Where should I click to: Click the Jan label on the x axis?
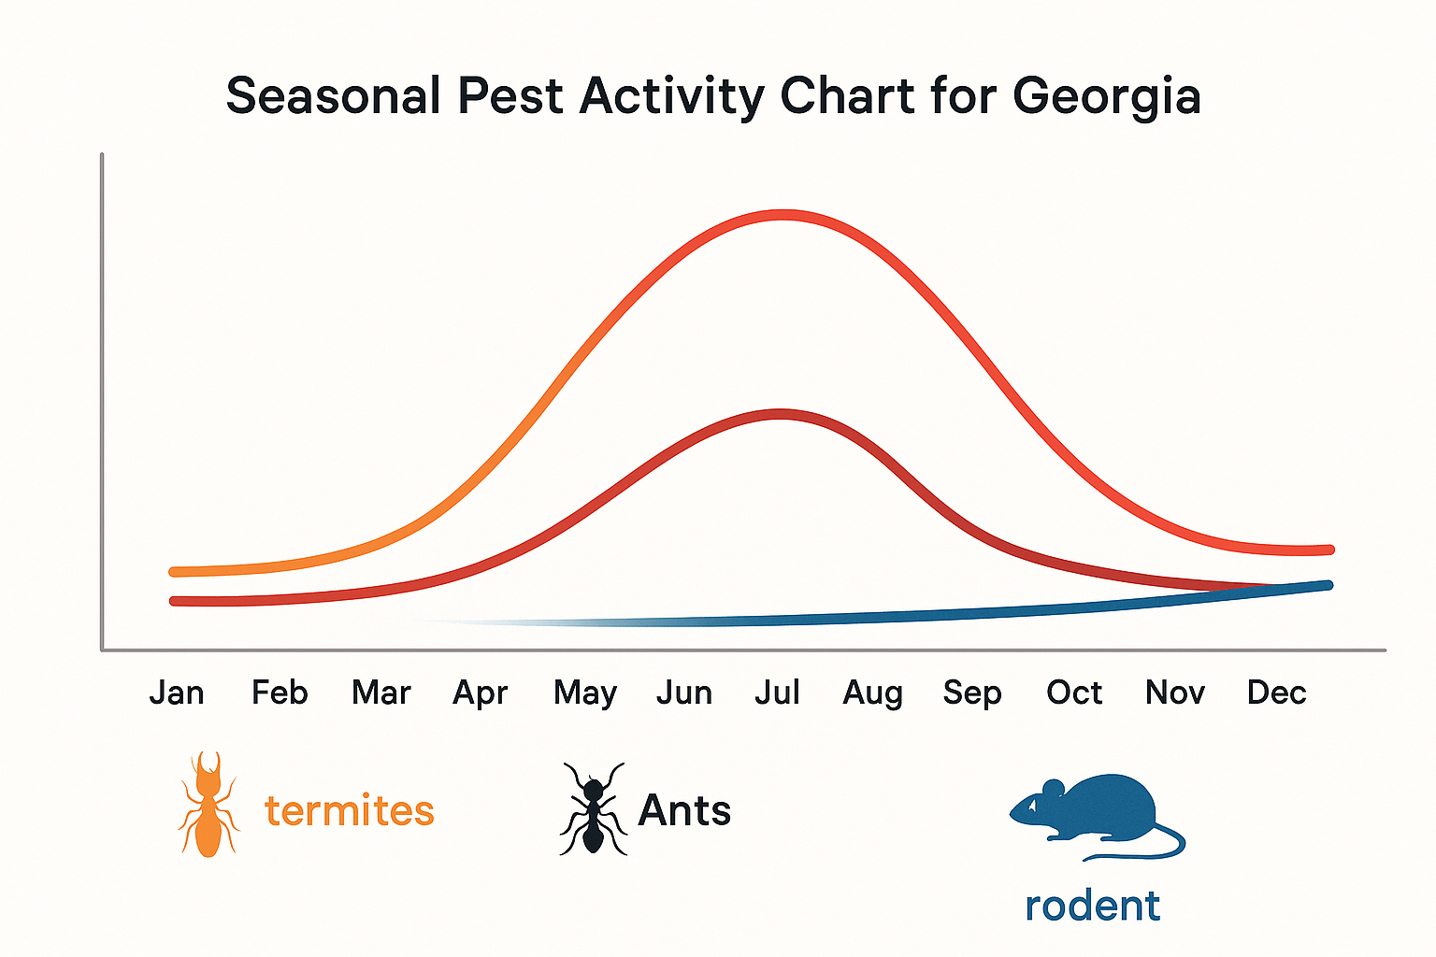point(177,693)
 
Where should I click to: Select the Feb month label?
point(280,693)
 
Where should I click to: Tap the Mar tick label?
point(381,693)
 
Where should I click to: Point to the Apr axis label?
point(481,693)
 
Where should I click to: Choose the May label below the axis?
point(585,693)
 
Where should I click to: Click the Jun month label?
point(684,693)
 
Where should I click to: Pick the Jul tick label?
point(778,693)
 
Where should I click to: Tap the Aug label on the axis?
point(873,693)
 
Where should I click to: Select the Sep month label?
point(972,693)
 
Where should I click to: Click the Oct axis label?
point(1074,693)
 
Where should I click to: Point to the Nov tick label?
point(1175,693)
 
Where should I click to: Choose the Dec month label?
point(1276,693)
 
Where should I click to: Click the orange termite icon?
point(208,805)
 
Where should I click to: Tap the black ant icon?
point(592,809)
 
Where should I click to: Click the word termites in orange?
point(350,810)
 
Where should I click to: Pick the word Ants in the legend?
point(684,810)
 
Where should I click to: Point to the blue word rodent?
point(1092,906)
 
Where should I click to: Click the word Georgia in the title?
point(1107,97)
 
